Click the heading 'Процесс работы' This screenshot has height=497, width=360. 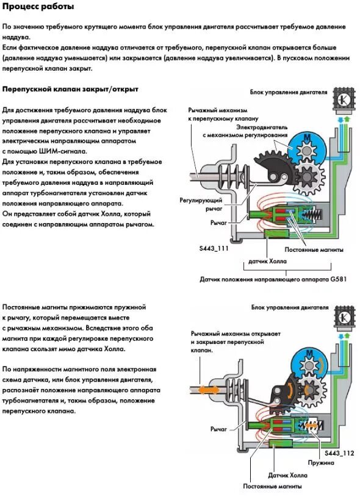click(38, 7)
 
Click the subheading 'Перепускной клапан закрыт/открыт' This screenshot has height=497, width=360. click(70, 89)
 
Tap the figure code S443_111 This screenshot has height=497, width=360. click(214, 248)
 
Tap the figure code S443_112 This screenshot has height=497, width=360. click(339, 453)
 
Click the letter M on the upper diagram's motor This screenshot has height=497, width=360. click(306, 137)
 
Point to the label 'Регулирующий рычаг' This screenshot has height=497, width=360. click(201, 204)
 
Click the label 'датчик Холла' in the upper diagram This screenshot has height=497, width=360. click(267, 262)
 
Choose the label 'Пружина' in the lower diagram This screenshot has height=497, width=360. click(321, 462)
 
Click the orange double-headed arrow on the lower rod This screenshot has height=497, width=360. click(207, 389)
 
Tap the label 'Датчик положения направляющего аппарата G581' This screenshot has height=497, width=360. click(273, 279)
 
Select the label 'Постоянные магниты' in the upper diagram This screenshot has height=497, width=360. click(314, 249)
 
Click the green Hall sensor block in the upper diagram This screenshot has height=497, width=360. click(276, 234)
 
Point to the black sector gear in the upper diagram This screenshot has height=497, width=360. click(272, 166)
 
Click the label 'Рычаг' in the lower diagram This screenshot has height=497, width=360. click(218, 429)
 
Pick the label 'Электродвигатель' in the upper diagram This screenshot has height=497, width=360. click(262, 127)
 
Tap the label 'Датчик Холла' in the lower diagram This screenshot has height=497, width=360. click(287, 476)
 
